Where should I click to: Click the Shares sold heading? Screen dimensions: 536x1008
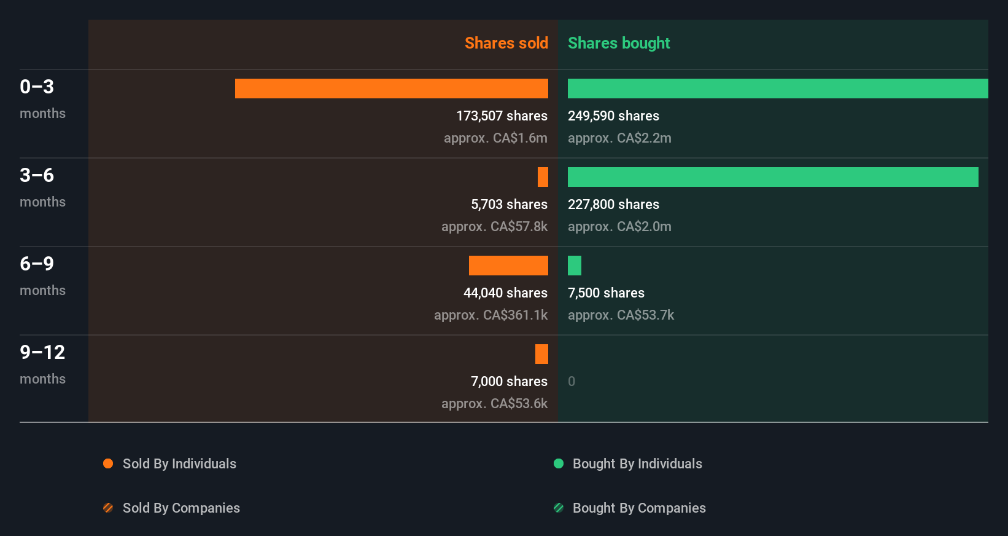point(506,43)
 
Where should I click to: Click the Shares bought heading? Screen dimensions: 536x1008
point(618,43)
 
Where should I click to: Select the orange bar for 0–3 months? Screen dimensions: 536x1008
point(391,89)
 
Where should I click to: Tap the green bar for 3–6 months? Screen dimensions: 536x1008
point(772,177)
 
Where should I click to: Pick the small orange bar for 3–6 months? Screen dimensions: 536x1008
point(543,177)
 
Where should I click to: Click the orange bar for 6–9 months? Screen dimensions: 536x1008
point(508,266)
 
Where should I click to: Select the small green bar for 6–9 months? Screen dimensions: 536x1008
point(575,266)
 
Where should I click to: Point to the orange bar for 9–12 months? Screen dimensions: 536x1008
point(541,354)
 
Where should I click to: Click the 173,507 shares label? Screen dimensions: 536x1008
point(502,116)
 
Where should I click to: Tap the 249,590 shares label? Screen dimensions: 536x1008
point(613,116)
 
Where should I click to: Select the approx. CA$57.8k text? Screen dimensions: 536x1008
point(494,226)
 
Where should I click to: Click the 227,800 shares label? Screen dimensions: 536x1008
point(613,204)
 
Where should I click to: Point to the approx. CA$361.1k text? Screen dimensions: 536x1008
point(490,315)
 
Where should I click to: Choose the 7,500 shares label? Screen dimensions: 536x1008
point(606,293)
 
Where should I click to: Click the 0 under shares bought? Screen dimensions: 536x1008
point(572,381)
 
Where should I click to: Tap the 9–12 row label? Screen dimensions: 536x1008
point(42,352)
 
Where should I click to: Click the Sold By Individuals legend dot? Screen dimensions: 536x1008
point(108,463)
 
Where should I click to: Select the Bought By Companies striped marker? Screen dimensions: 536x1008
point(559,508)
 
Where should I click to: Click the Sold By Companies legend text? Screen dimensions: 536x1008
point(181,508)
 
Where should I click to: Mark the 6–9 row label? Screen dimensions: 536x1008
point(37,264)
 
